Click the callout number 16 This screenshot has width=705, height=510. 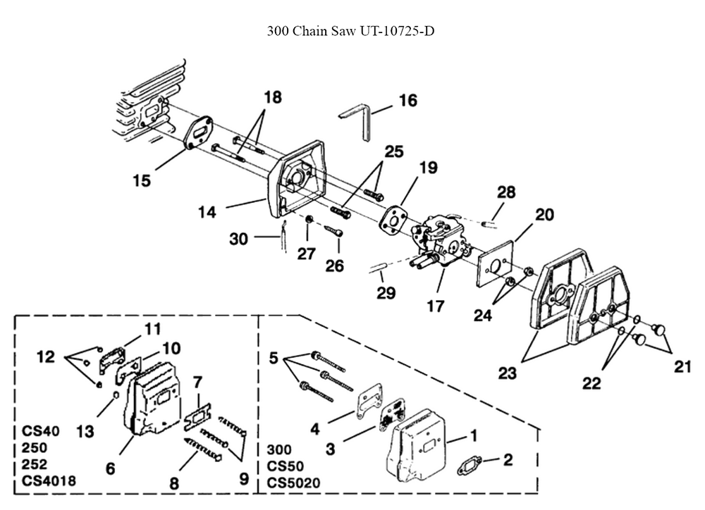coord(407,101)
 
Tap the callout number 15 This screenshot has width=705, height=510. coord(142,181)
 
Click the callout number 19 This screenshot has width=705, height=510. coord(429,168)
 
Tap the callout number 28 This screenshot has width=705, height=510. coord(506,192)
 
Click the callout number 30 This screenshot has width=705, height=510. coord(238,240)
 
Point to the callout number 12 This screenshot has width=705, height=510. coord(46,357)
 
